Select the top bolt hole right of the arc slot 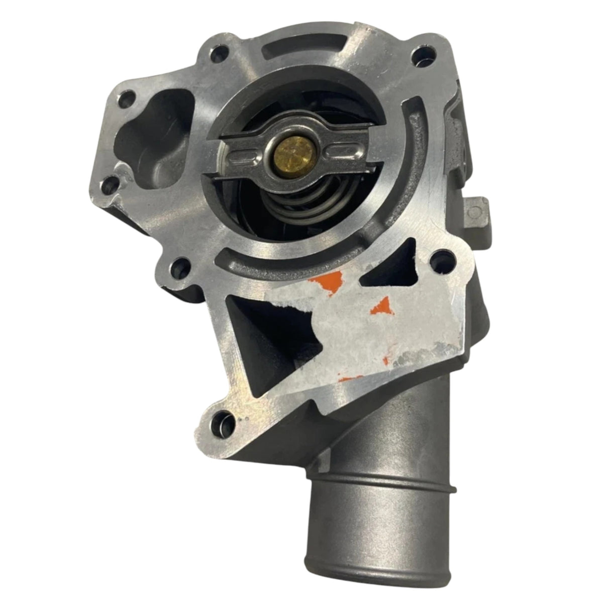point(418,52)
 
